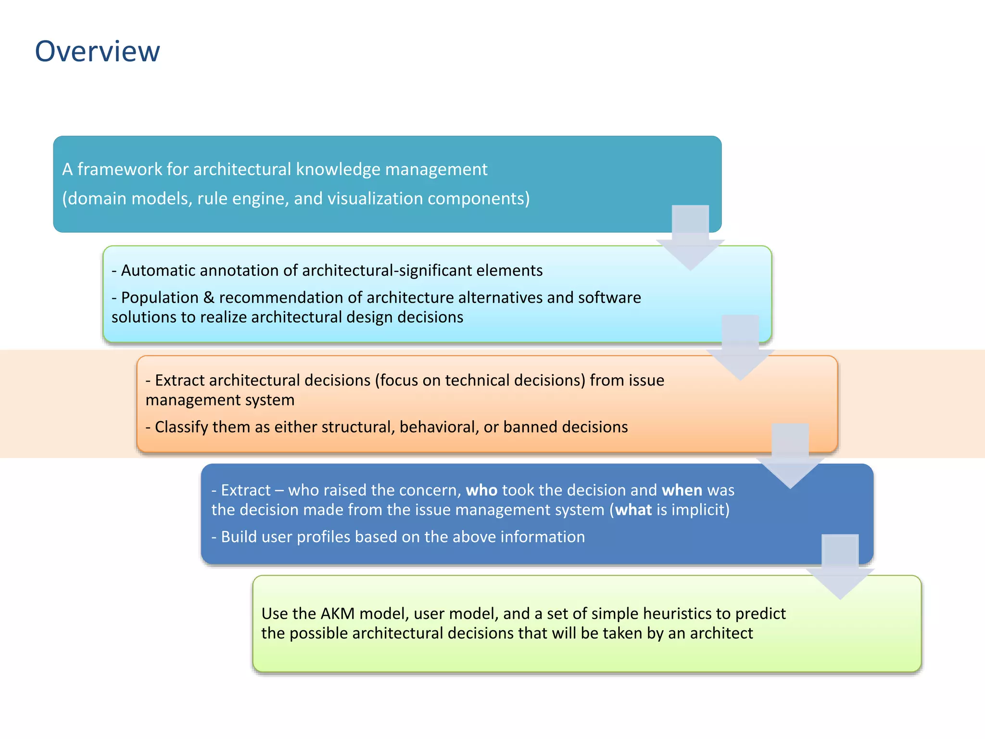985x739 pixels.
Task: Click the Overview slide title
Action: tap(97, 51)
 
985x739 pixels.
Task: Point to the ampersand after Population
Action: tap(209, 297)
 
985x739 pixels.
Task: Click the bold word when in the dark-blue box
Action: tap(682, 490)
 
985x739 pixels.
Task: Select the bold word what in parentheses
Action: tap(633, 510)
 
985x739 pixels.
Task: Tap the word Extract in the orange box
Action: tap(179, 380)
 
